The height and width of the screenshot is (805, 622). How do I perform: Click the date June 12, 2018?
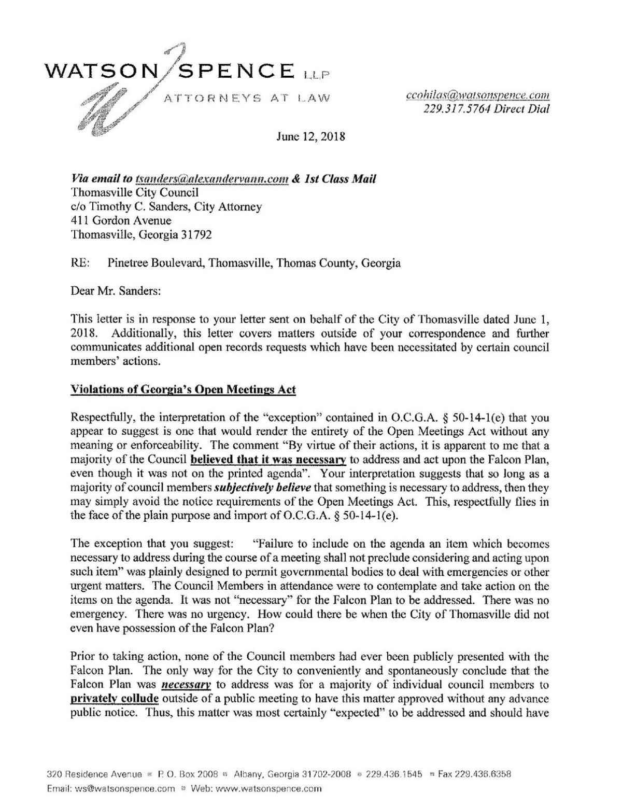pos(310,137)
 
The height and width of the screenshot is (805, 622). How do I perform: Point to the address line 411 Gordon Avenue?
pos(120,220)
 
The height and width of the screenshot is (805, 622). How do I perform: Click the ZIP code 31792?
pos(196,234)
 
